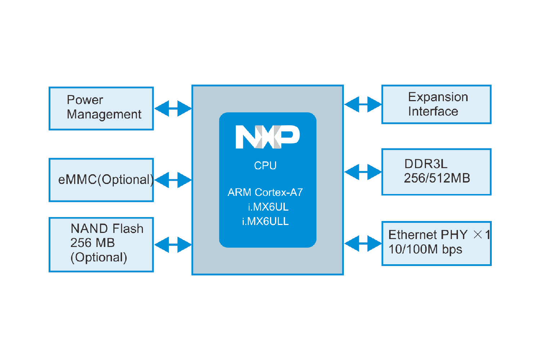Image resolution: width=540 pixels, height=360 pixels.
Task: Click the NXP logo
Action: pyautogui.click(x=267, y=137)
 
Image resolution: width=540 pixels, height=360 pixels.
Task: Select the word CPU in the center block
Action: pyautogui.click(x=265, y=166)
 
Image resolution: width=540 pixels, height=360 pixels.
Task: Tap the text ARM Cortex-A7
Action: pyautogui.click(x=265, y=192)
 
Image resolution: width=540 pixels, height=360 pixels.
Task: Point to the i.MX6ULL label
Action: pyautogui.click(x=265, y=221)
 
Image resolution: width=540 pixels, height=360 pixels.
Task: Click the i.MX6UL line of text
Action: pyautogui.click(x=268, y=207)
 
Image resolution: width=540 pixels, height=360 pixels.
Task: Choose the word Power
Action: pyautogui.click(x=85, y=100)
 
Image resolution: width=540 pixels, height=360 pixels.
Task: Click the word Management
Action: pyautogui.click(x=104, y=114)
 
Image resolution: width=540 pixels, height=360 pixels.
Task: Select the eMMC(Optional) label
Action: pyautogui.click(x=106, y=179)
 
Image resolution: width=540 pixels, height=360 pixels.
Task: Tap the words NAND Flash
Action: pyautogui.click(x=107, y=229)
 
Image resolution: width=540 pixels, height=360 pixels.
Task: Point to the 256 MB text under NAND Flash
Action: pyautogui.click(x=93, y=243)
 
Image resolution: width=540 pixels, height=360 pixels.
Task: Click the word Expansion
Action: pyautogui.click(x=438, y=97)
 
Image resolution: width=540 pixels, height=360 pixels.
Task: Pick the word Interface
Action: pyautogui.click(x=433, y=112)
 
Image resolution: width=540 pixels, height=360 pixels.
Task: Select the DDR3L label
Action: pyautogui.click(x=426, y=164)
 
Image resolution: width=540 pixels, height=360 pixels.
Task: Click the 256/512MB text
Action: pyautogui.click(x=437, y=178)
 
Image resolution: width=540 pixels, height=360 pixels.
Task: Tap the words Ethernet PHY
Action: pyautogui.click(x=428, y=235)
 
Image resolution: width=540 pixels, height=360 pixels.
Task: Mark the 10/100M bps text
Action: pyautogui.click(x=425, y=249)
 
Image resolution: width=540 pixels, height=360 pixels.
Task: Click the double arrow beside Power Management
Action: pyautogui.click(x=173, y=108)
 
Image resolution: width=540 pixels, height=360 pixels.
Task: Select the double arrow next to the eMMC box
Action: pyautogui.click(x=173, y=180)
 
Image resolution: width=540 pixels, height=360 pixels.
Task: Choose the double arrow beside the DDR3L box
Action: pyautogui.click(x=363, y=172)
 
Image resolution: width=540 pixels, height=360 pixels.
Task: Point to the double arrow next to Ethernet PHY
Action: pyautogui.click(x=363, y=244)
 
